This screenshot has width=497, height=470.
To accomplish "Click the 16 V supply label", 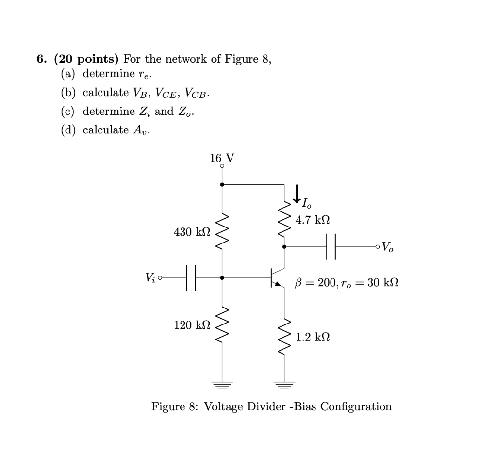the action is coord(222,158).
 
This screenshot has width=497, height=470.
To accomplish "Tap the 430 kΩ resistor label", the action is coord(192,232).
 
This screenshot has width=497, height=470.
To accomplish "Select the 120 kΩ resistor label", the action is coord(192,325).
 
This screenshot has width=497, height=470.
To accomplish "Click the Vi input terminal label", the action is coord(149,278).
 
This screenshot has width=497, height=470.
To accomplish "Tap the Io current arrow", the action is coord(296,194).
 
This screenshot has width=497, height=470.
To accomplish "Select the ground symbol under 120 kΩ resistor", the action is coord(222,386).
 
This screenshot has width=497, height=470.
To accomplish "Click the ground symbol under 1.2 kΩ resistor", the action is coord(284,386).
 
